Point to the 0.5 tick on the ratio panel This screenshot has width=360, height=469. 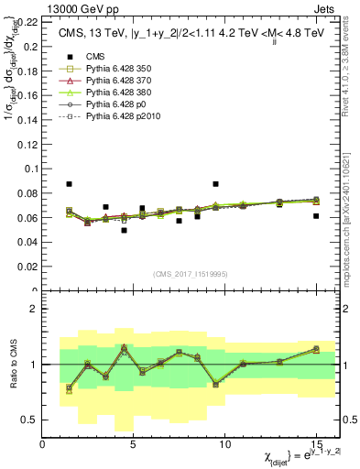tap(29, 420)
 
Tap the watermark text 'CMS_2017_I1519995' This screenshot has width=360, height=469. tap(190, 275)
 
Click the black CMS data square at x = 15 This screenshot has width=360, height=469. tap(316, 216)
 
